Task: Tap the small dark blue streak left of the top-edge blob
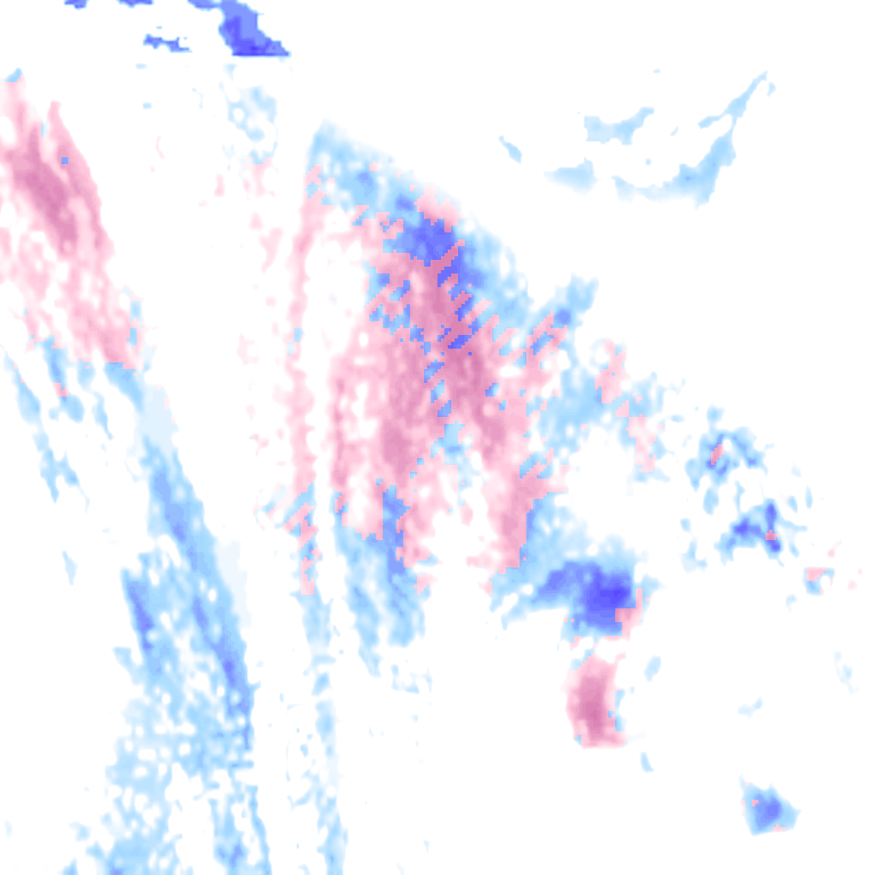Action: click(x=164, y=41)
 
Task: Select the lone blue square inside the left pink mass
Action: click(x=64, y=160)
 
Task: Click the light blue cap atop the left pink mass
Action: click(x=14, y=77)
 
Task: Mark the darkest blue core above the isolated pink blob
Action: click(x=603, y=593)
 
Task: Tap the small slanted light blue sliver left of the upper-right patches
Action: click(x=511, y=150)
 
